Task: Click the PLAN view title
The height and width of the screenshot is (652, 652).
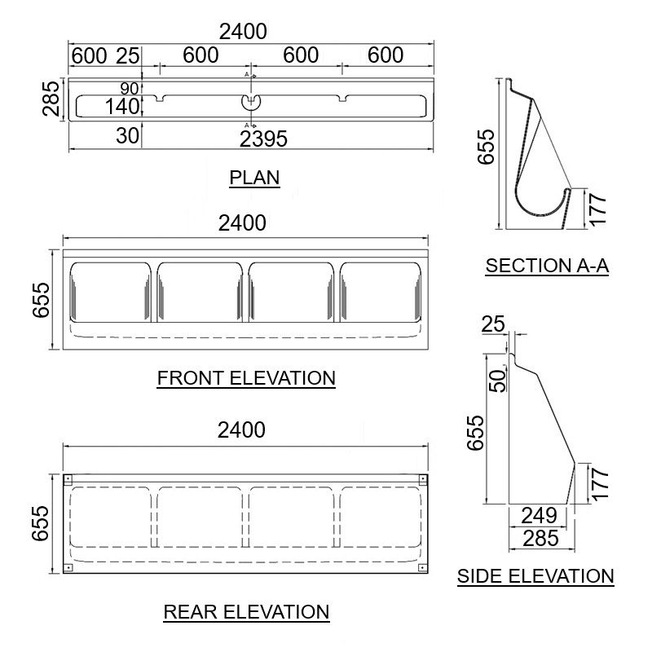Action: pos(254,178)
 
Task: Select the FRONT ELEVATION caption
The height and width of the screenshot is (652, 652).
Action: pos(246,378)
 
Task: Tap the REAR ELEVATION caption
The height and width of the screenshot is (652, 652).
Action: pos(246,611)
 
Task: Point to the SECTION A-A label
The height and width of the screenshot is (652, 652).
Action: pos(547,266)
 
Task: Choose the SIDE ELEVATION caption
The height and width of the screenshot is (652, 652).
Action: pos(535,576)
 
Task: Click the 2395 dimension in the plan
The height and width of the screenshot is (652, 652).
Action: pos(263,139)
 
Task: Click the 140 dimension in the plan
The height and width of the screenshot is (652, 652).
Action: pos(123,106)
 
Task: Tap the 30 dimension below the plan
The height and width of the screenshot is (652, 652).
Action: pos(127,136)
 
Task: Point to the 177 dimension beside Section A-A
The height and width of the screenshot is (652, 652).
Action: pos(598,209)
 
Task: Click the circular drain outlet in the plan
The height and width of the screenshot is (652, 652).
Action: pos(251,101)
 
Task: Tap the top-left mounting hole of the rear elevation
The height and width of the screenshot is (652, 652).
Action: pos(68,478)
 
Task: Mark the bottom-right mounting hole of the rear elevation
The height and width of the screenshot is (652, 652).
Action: pos(422,566)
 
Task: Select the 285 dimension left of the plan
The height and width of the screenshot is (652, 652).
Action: pos(50,99)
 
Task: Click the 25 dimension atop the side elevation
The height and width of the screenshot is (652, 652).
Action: pos(493,324)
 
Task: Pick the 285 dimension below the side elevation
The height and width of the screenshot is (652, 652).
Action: pos(540,538)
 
